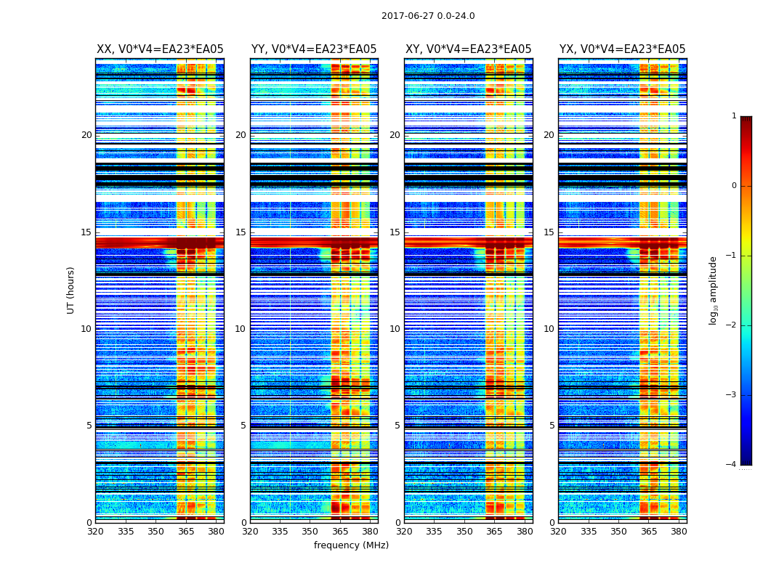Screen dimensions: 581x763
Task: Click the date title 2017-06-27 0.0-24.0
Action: click(428, 16)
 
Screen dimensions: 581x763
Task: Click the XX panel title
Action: click(160, 49)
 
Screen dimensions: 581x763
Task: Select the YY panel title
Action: click(314, 49)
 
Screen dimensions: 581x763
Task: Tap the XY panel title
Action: click(468, 49)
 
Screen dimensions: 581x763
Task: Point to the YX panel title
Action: click(622, 49)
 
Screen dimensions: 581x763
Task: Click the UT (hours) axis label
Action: click(71, 290)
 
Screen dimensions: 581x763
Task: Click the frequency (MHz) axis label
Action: click(351, 545)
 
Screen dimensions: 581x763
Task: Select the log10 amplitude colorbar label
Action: click(714, 290)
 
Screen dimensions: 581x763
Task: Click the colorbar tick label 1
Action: click(733, 116)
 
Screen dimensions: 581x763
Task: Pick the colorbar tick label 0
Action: click(733, 186)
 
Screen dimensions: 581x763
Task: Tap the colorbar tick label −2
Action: click(732, 325)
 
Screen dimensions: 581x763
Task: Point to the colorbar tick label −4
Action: click(732, 465)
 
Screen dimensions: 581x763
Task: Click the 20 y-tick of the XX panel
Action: click(86, 135)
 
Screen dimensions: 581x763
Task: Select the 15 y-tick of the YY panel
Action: click(241, 232)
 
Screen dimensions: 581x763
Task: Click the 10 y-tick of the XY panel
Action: click(395, 329)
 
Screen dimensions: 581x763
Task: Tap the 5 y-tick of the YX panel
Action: click(552, 426)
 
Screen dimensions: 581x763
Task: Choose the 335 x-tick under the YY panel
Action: click(280, 532)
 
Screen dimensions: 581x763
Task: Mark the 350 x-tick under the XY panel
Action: click(464, 532)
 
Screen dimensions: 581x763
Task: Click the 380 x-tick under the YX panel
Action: click(679, 532)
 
